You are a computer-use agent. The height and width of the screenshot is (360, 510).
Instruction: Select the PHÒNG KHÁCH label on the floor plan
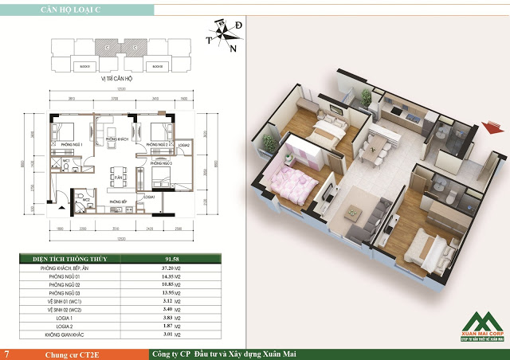[118, 139]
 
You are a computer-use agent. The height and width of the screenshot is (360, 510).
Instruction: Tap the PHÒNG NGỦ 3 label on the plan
[160, 162]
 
